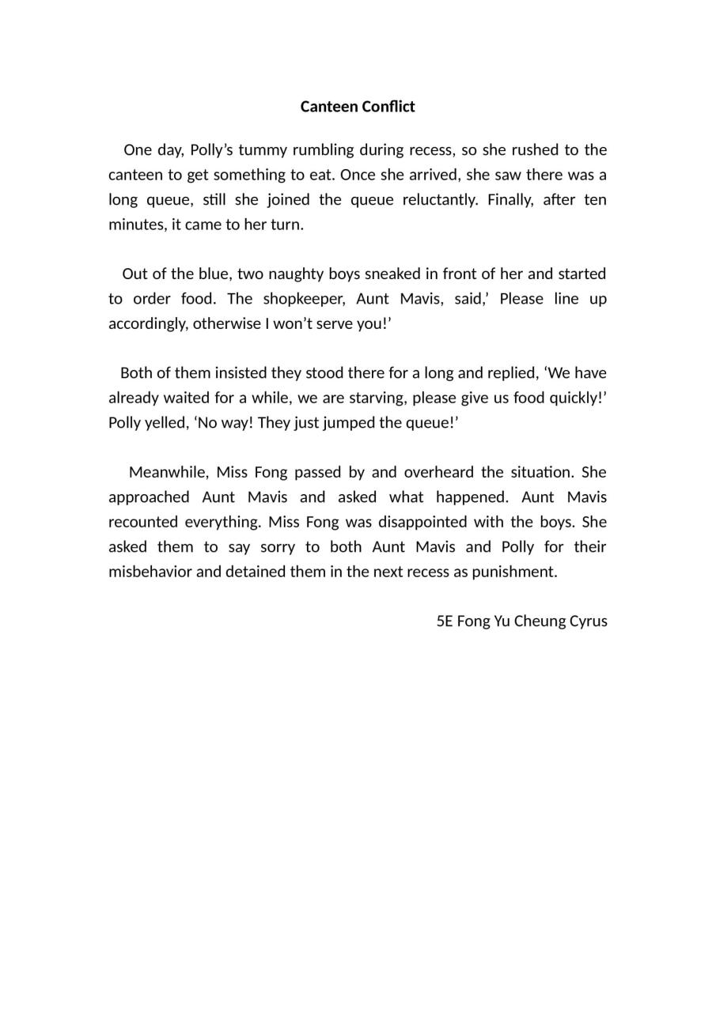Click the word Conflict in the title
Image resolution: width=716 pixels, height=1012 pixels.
[387, 107]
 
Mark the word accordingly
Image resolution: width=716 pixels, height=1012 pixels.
[147, 324]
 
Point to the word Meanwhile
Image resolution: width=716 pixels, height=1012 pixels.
[169, 473]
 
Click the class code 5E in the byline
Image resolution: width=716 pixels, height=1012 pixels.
[445, 621]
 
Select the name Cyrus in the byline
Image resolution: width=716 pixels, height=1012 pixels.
[588, 621]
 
